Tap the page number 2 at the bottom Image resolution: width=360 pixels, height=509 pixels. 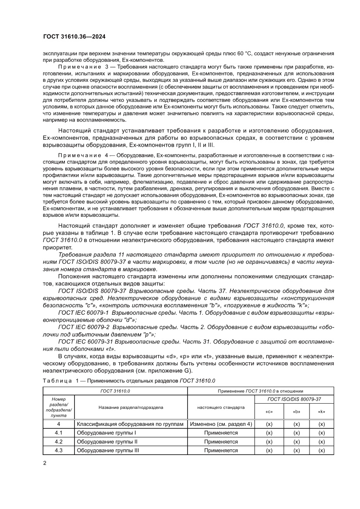click(45, 463)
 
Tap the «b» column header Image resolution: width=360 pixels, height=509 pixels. click(296, 411)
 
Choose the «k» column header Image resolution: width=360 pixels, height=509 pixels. click(322, 411)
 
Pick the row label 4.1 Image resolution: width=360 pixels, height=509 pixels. click(58, 433)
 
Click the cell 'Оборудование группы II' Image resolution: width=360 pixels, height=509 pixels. click(107, 442)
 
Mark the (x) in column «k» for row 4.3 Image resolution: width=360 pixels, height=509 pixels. click(322, 450)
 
